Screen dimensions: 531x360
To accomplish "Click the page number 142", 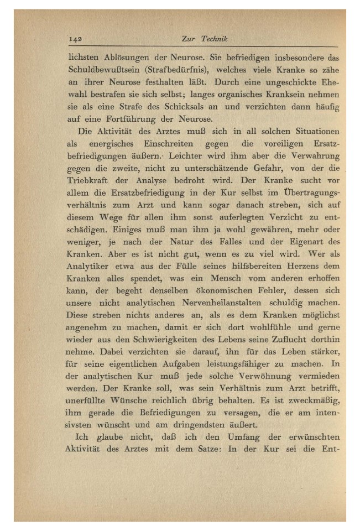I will point(76,39).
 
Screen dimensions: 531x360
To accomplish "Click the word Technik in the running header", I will point(215,39).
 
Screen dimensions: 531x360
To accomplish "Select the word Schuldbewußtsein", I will point(103,71).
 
